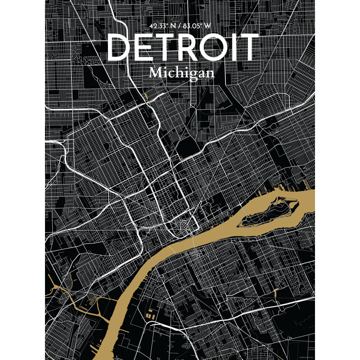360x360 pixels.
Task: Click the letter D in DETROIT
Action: point(121,47)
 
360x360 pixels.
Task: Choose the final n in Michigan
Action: point(209,73)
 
